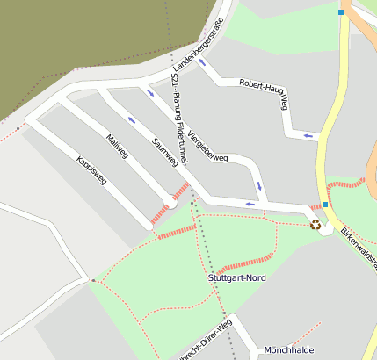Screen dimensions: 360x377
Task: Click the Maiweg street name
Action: (x=117, y=147)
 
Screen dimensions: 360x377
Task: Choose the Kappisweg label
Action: (x=91, y=170)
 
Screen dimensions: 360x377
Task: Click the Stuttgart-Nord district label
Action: (x=237, y=277)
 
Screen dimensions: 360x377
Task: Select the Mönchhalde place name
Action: (x=288, y=349)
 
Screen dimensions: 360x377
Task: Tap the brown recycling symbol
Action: (x=315, y=224)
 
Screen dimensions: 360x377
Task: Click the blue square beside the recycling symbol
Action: (x=325, y=205)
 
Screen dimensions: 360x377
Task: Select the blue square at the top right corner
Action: (x=341, y=12)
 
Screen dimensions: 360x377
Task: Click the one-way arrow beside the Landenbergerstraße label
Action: (x=203, y=61)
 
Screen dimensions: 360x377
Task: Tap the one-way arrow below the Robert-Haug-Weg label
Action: (x=307, y=135)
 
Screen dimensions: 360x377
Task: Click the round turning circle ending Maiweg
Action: (x=172, y=202)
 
